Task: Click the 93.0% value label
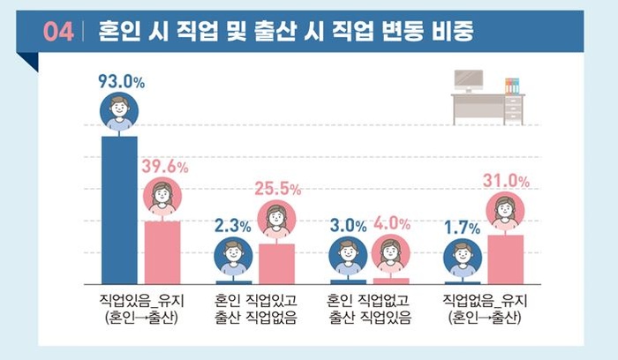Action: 121,83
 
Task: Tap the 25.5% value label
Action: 278,189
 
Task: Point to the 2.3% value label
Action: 232,226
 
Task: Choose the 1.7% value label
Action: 462,227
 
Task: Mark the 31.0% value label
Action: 506,182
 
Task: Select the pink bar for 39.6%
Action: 162,251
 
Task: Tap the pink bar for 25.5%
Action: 276,262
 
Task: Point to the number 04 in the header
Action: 58,33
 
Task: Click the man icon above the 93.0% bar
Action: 120,113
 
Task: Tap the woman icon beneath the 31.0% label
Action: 505,212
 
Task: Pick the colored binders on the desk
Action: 511,86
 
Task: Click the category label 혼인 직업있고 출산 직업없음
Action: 256,308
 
